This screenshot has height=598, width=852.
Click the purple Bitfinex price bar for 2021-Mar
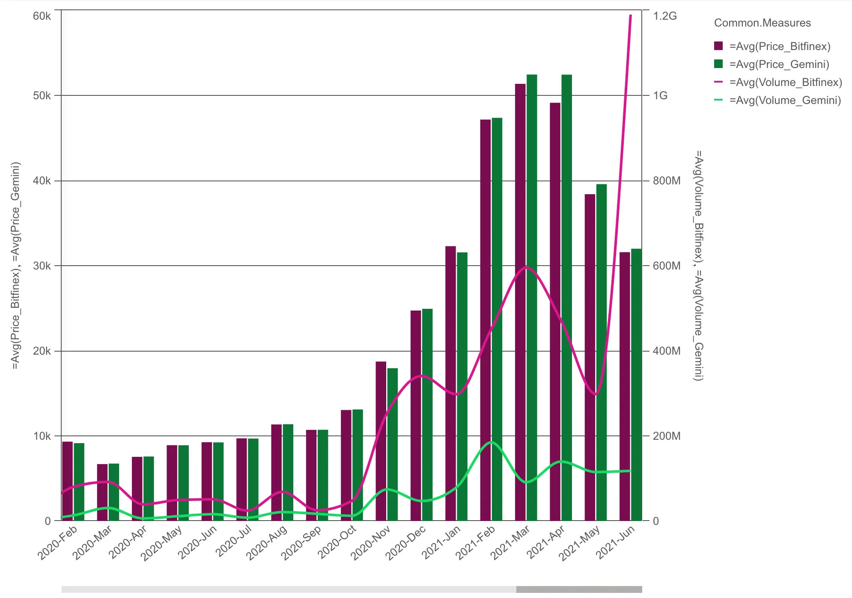click(520, 299)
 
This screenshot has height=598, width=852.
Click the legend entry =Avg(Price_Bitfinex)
click(780, 46)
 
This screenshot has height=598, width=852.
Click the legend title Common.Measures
click(762, 23)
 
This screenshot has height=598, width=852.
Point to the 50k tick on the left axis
click(42, 95)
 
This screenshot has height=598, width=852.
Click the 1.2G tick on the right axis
click(664, 16)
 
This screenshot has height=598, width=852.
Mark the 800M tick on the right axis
click(667, 181)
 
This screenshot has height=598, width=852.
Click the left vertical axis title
click(16, 265)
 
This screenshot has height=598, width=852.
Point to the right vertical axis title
click(698, 265)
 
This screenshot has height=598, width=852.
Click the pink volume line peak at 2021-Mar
click(526, 267)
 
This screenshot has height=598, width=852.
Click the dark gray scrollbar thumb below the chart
click(579, 589)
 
